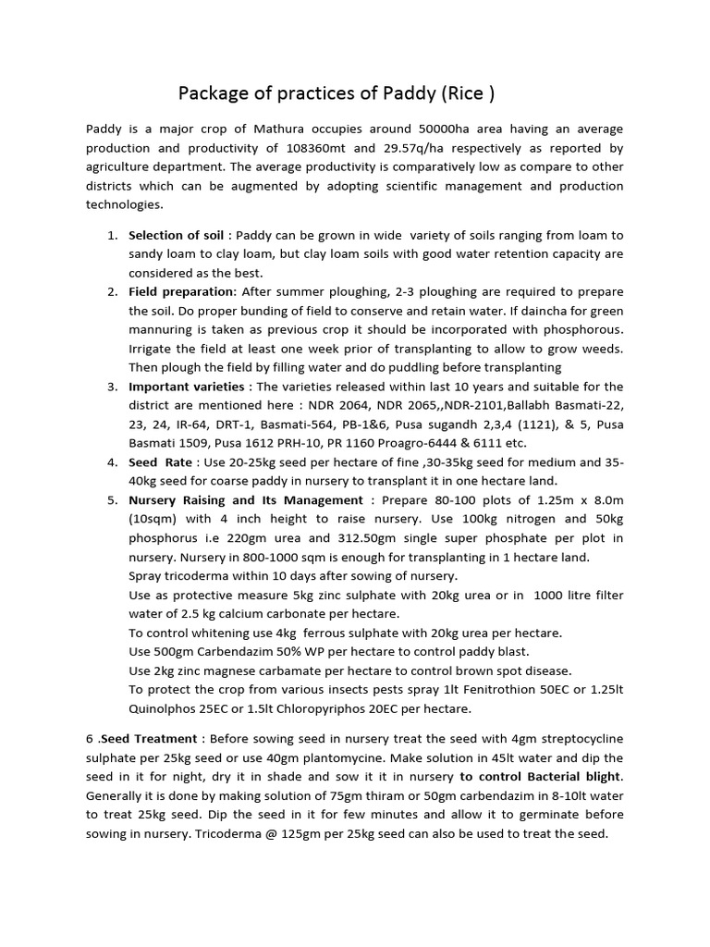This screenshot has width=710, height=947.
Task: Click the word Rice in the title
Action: [x=468, y=93]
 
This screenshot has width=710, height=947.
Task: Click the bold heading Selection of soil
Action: [x=176, y=235]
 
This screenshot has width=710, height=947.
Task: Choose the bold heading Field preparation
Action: [x=181, y=291]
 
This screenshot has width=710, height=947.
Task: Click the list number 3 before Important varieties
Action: [x=111, y=386]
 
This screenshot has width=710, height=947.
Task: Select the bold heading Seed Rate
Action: [x=160, y=461]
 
